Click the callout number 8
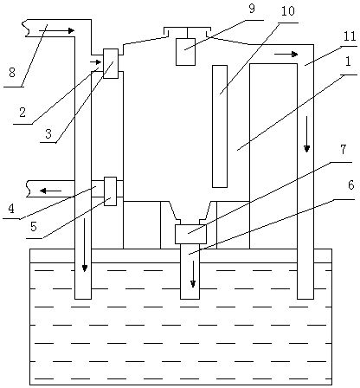click(12, 72)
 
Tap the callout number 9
click(252, 9)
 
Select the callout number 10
click(287, 11)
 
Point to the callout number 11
click(350, 36)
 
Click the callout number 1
click(348, 61)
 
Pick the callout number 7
click(343, 150)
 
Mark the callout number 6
click(350, 185)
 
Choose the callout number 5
click(34, 227)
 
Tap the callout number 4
click(11, 209)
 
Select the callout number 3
click(48, 133)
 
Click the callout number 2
click(22, 113)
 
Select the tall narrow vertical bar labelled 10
click(220, 126)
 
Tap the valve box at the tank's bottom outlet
click(190, 234)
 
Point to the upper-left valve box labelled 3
click(111, 63)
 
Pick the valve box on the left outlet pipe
click(110, 191)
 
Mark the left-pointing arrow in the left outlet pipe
click(50, 191)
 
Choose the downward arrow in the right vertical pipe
click(306, 134)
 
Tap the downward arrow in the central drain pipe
click(193, 274)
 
